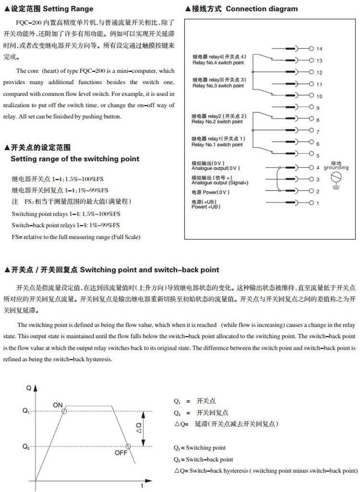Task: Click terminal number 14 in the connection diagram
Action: pyautogui.click(x=319, y=49)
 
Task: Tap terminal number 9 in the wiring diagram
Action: pyautogui.click(x=318, y=108)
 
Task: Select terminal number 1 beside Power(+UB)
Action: pyautogui.click(x=317, y=204)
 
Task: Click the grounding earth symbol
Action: pyautogui.click(x=336, y=179)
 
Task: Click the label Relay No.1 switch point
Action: pyautogui.click(x=217, y=144)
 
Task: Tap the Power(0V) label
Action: pyautogui.click(x=211, y=192)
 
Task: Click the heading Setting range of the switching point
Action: pyautogui.click(x=75, y=159)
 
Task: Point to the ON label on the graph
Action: pyautogui.click(x=58, y=405)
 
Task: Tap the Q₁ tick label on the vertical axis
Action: pyautogui.click(x=26, y=411)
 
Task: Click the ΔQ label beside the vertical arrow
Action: pyautogui.click(x=139, y=428)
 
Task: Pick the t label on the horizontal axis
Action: pyautogui.click(x=142, y=486)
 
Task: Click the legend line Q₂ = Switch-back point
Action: pyautogui.click(x=203, y=459)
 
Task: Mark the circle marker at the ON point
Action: pyautogui.click(x=65, y=411)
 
